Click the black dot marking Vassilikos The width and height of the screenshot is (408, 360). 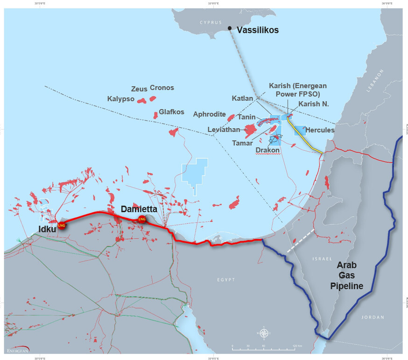230,29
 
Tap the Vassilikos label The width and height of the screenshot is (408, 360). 257,30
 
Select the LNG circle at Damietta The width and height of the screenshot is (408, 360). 142,219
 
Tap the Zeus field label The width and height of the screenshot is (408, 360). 139,89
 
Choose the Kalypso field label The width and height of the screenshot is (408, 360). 120,99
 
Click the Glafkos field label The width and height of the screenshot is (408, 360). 171,112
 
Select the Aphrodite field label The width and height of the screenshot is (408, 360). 209,115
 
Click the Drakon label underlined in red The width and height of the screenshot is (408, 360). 267,150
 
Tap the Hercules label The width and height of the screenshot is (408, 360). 320,130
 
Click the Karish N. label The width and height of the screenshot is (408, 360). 314,104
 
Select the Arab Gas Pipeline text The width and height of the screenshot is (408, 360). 350,275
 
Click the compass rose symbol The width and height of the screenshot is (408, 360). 264,333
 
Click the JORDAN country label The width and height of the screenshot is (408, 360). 373,317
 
